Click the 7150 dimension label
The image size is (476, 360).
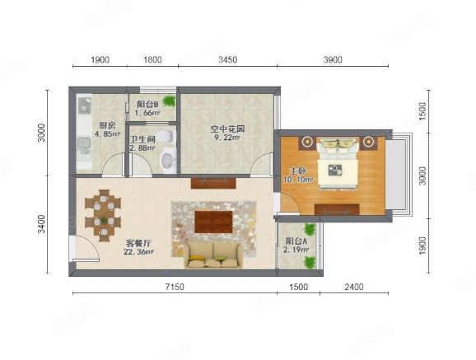pyautogui.click(x=175, y=287)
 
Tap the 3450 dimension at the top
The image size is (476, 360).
pyautogui.click(x=228, y=59)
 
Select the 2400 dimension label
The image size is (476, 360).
pyautogui.click(x=354, y=287)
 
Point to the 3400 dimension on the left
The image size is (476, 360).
pyautogui.click(x=41, y=224)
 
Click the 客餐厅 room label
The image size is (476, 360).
pyautogui.click(x=138, y=243)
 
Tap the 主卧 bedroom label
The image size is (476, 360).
pyautogui.click(x=298, y=171)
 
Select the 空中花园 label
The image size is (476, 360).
pyautogui.click(x=227, y=129)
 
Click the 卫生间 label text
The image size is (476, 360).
pyautogui.click(x=142, y=139)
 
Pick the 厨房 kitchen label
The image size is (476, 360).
pyautogui.click(x=107, y=126)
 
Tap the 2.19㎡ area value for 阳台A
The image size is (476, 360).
pyautogui.click(x=296, y=250)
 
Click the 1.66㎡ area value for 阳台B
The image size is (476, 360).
pyautogui.click(x=147, y=113)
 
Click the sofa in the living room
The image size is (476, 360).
pyautogui.click(x=213, y=255)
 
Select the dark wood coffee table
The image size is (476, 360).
pyautogui.click(x=214, y=222)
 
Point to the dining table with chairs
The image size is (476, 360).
pyautogui.click(x=103, y=215)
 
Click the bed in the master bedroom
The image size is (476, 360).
pyautogui.click(x=338, y=162)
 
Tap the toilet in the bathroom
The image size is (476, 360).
pyautogui.click(x=167, y=137)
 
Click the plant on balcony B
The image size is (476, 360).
pyautogui.click(x=170, y=101)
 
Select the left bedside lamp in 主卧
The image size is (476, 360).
pyautogui.click(x=308, y=141)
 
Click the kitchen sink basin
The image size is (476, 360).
pyautogui.click(x=84, y=143)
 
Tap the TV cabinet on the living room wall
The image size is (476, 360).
pyautogui.click(x=213, y=183)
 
